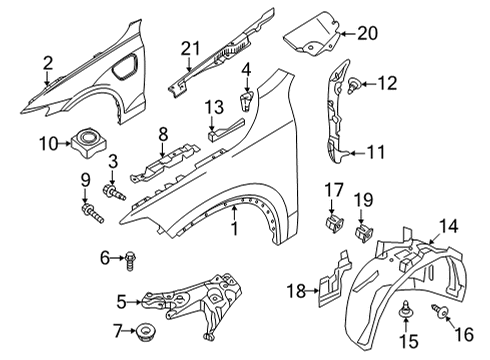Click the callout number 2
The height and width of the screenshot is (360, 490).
pos(47,64)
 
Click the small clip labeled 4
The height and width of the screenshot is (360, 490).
pos(246,100)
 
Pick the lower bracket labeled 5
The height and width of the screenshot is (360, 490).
pos(190,306)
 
